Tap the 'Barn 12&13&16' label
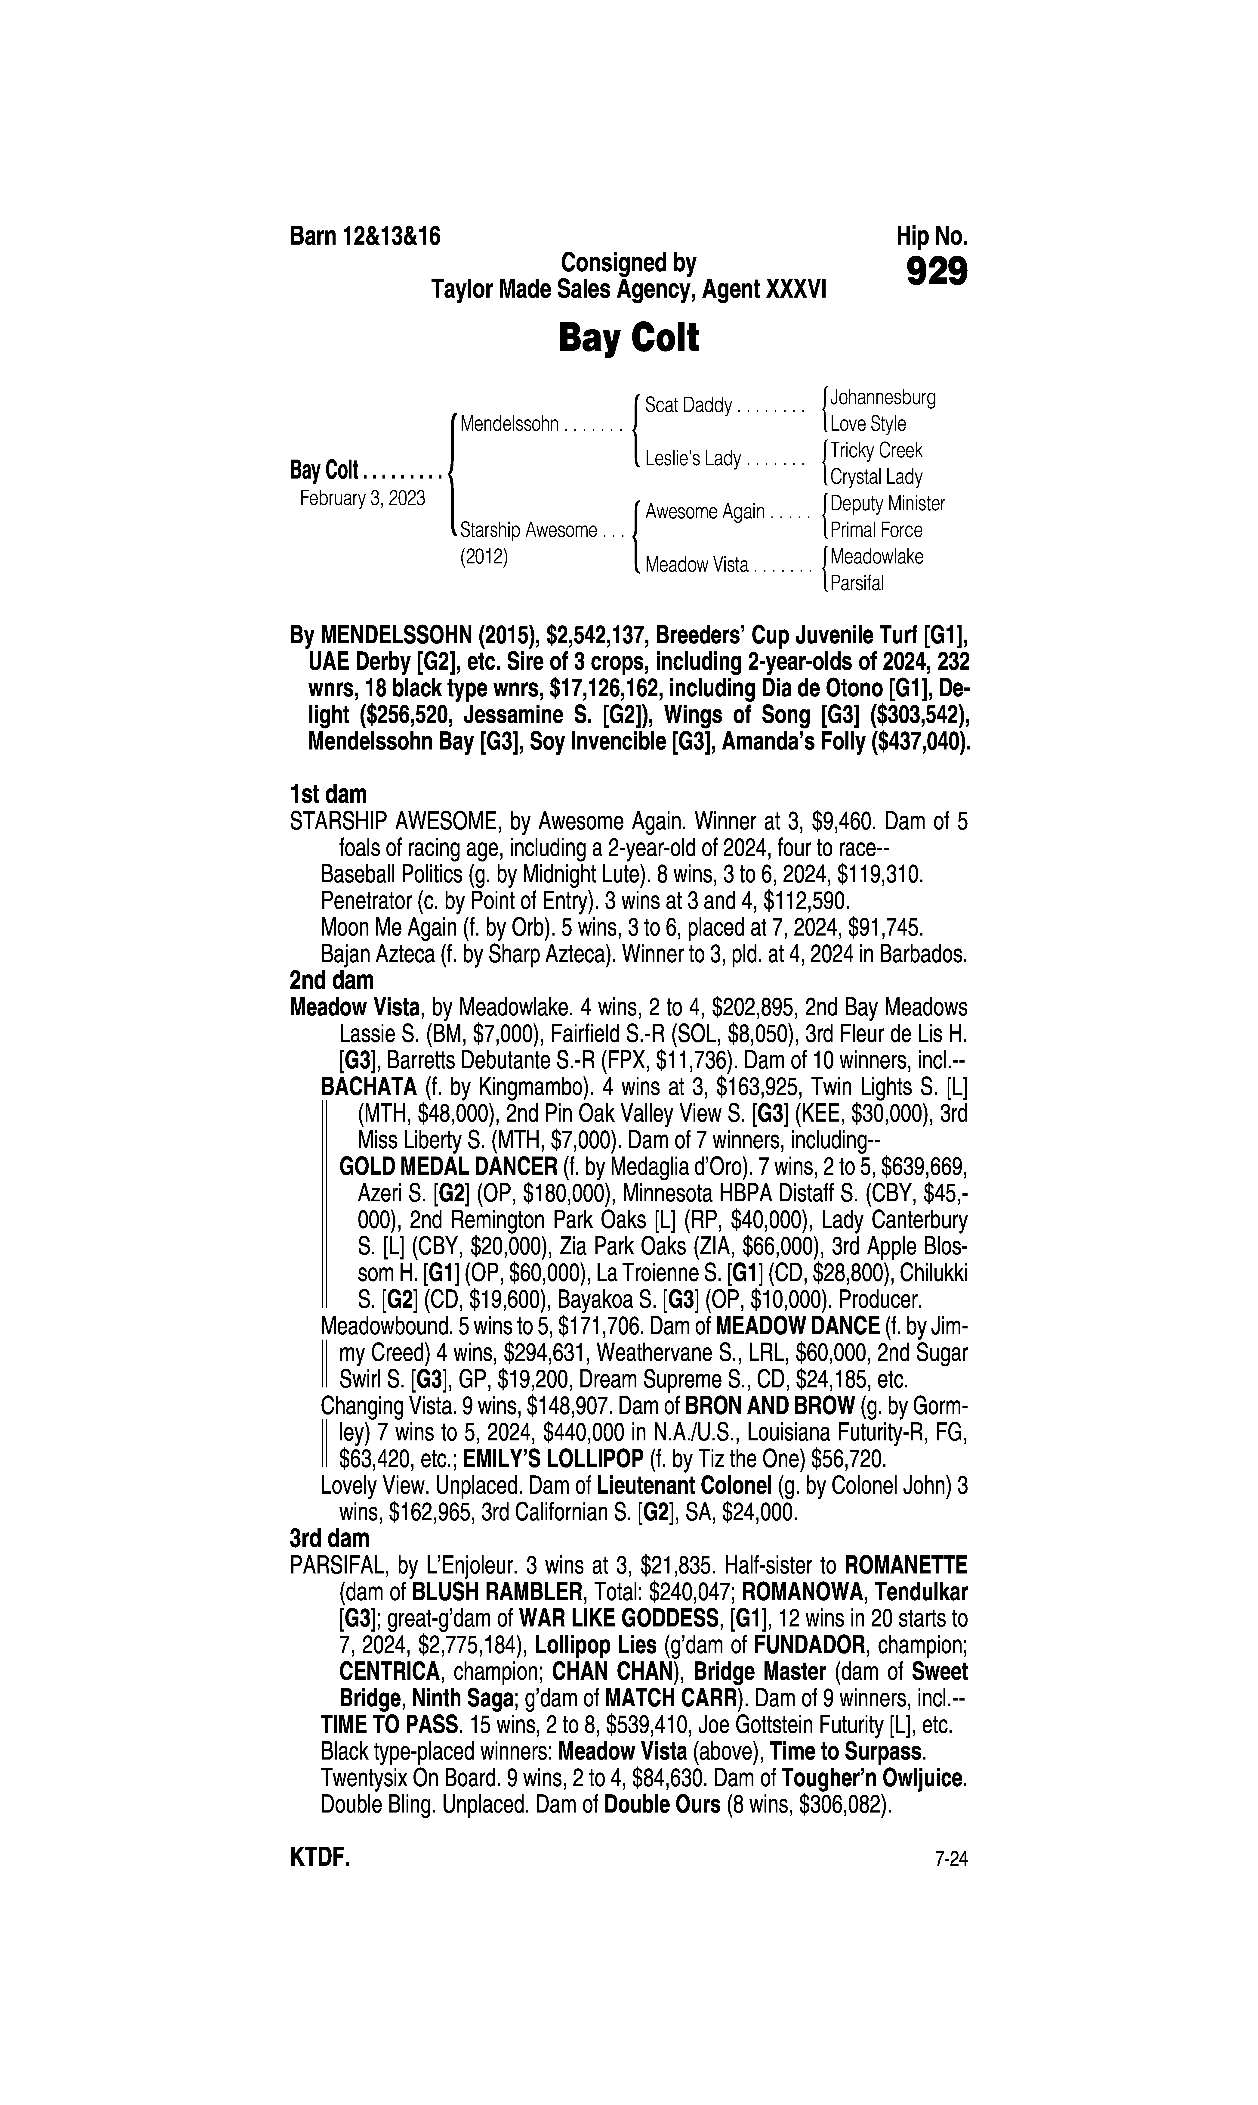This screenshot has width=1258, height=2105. tap(365, 236)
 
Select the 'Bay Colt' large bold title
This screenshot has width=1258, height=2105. tap(628, 338)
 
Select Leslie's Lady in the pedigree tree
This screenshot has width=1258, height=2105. tap(693, 459)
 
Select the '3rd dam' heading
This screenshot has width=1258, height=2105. tap(329, 1538)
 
